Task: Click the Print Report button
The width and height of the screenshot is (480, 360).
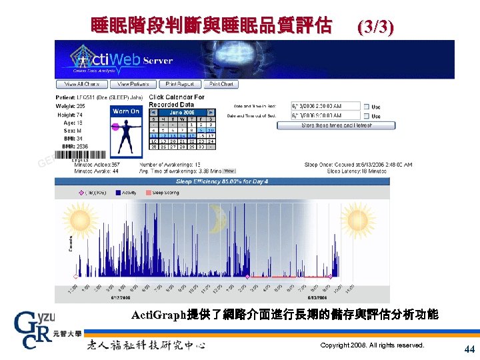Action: [x=180, y=85]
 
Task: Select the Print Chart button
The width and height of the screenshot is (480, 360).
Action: [x=221, y=85]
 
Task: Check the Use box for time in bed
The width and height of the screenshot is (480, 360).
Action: [x=366, y=106]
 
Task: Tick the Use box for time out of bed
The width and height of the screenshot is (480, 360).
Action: [x=366, y=116]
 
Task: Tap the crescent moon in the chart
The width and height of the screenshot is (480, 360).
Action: [x=217, y=219]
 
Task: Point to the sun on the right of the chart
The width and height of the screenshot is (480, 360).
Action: [x=357, y=219]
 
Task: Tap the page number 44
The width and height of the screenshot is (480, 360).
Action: [x=469, y=349]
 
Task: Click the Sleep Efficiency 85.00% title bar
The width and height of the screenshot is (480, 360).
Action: [x=222, y=181]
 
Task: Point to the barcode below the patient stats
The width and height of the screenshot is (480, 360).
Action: [x=79, y=159]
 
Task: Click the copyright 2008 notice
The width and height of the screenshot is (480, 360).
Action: [x=372, y=345]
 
